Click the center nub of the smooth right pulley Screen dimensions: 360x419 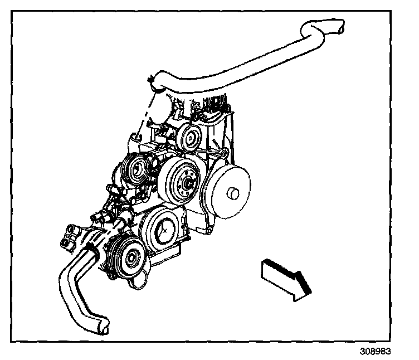[x=233, y=193]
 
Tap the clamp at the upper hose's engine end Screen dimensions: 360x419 [x=153, y=81]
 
